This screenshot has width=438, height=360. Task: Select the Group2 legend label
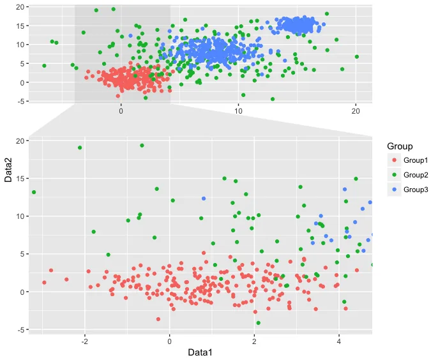point(416,175)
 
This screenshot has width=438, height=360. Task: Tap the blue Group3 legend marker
point(395,190)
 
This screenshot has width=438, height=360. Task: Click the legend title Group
point(400,146)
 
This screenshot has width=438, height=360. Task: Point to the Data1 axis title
point(200,352)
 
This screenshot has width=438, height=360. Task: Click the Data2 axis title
point(8,170)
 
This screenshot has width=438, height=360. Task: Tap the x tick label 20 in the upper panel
point(356,111)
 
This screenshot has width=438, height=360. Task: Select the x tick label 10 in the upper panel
point(238,111)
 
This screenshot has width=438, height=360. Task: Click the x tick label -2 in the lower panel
point(85,341)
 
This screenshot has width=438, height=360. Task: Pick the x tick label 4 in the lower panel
point(339,341)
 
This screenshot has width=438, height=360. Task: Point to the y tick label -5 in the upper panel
point(20,101)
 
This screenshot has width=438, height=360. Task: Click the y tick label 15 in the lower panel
point(20,179)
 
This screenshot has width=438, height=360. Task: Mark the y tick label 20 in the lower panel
point(20,141)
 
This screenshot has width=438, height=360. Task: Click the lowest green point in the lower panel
point(259,323)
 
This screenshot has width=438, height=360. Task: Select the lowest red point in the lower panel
point(158,319)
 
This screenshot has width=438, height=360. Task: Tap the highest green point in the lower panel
point(142,146)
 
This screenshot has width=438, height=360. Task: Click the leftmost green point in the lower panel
point(34,192)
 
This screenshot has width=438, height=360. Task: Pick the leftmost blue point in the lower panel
point(204,199)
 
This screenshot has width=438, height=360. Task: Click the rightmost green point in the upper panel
point(357,57)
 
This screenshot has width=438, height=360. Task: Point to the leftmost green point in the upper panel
point(44,66)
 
